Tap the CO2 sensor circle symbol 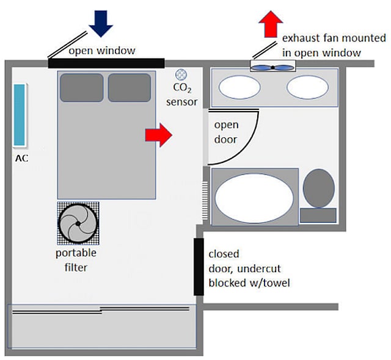pos(181,74)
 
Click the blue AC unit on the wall pos(20,115)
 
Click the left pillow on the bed pos(81,87)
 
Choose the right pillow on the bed pos(129,87)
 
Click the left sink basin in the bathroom pos(239,88)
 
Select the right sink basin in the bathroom pos(307,88)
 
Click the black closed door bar pos(199,266)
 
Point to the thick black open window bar pos(106,62)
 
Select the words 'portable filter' pos(76,259)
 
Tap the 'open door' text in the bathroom pos(226,132)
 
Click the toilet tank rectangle pos(318,215)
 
